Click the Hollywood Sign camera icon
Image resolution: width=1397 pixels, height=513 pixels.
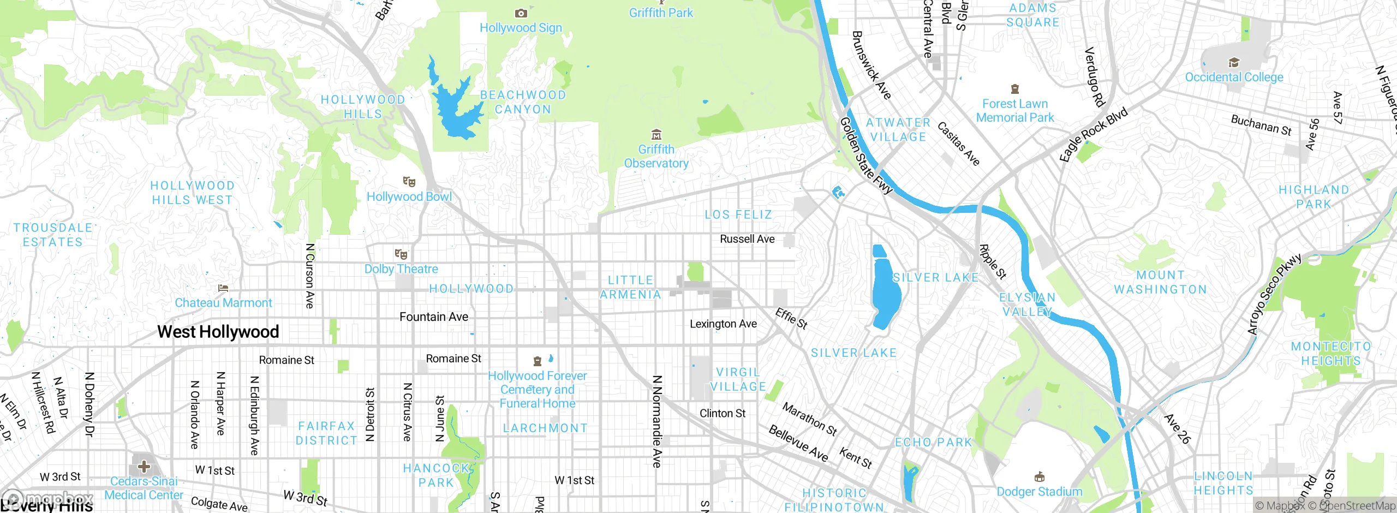(521, 13)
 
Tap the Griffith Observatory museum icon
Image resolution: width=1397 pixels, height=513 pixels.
(656, 134)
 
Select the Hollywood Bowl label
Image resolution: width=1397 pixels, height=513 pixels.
(409, 196)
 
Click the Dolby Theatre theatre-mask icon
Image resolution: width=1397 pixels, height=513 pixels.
(401, 254)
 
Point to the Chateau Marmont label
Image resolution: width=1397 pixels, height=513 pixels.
(223, 303)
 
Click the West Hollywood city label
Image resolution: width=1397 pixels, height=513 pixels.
(218, 332)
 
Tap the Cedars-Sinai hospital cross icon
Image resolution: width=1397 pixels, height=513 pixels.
(144, 467)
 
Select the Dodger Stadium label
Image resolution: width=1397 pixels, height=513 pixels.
(1039, 492)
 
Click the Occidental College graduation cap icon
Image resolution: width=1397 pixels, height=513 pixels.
(1234, 62)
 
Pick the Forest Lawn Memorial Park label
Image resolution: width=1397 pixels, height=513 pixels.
(1015, 110)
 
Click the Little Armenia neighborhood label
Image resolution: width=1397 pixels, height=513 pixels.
(630, 287)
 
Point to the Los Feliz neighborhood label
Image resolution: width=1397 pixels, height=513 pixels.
(738, 214)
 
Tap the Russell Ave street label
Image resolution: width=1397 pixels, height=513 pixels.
(747, 239)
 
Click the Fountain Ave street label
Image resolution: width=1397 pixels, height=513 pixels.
(434, 317)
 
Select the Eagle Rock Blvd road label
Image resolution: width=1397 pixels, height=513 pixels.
(1093, 134)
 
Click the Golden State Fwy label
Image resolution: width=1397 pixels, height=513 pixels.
(865, 156)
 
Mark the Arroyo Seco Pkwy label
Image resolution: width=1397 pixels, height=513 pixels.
(1274, 295)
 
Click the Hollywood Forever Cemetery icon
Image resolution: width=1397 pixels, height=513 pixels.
(538, 361)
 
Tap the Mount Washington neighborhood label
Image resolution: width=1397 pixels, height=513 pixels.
(1160, 282)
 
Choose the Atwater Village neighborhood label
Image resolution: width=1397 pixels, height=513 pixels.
(898, 130)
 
